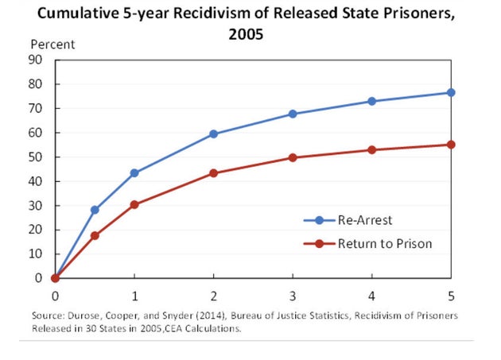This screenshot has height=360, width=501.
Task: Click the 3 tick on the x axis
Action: [x=293, y=294]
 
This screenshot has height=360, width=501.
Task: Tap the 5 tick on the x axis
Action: [x=451, y=294]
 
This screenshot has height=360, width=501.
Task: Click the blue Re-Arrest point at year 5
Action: [x=451, y=92]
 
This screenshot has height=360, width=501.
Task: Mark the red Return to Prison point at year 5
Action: [x=451, y=145]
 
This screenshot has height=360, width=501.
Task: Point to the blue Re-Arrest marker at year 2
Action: [x=213, y=134]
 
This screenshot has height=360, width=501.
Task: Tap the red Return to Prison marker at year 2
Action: [x=213, y=172]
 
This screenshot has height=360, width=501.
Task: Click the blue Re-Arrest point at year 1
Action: [x=134, y=172]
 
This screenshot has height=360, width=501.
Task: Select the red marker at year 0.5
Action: [x=95, y=235]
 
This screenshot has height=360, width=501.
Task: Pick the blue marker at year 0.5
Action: [x=95, y=210]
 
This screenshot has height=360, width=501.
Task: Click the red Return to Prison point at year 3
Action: [x=293, y=157]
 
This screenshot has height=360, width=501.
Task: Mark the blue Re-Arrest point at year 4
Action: [x=372, y=101]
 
